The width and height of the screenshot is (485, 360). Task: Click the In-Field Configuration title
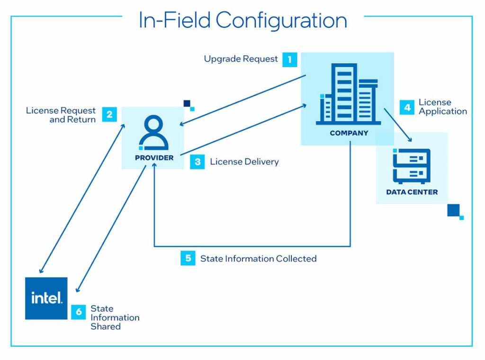pyautogui.click(x=242, y=20)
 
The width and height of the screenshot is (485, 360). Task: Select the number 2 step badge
pyautogui.click(x=109, y=115)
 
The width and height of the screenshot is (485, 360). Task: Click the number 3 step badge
pyautogui.click(x=198, y=162)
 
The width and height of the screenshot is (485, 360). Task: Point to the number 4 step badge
pyautogui.click(x=407, y=107)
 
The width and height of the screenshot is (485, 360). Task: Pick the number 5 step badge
pyautogui.click(x=188, y=258)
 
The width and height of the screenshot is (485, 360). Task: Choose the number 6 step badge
pyautogui.click(x=79, y=312)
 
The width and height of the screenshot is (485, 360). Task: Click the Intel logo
pyautogui.click(x=46, y=298)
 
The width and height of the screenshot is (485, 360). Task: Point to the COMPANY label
pyautogui.click(x=349, y=133)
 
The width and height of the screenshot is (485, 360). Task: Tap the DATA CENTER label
pyautogui.click(x=412, y=192)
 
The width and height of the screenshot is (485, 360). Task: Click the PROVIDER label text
pyautogui.click(x=154, y=158)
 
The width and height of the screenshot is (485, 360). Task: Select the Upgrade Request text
pyautogui.click(x=241, y=59)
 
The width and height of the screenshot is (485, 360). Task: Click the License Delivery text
pyautogui.click(x=244, y=162)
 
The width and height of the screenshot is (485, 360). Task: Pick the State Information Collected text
pyautogui.click(x=258, y=259)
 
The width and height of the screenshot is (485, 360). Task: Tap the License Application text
pyautogui.click(x=442, y=107)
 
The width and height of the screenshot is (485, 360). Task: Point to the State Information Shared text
pyautogui.click(x=115, y=317)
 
